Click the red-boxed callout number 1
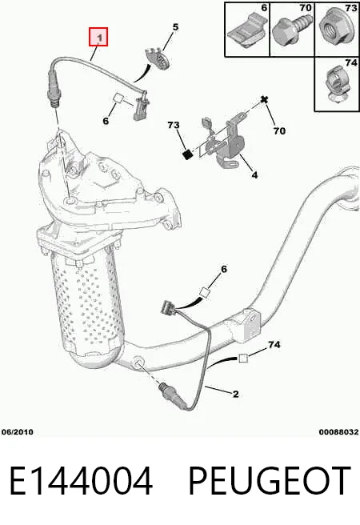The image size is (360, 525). tap(98, 37)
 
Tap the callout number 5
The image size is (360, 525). tap(175, 27)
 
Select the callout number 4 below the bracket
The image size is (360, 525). tap(254, 174)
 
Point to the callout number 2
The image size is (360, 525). tap(235, 394)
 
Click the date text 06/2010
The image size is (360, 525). tap(18, 432)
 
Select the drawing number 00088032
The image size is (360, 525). tap(338, 432)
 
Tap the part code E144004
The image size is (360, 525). tap(82, 481)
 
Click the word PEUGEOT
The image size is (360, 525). tap(270, 481)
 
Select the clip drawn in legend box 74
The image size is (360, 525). tap(337, 84)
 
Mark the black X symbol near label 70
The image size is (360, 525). tap(265, 100)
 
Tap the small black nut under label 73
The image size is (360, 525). tap(188, 154)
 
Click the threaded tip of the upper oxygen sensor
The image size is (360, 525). tap(53, 103)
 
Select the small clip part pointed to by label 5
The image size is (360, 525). tap(158, 58)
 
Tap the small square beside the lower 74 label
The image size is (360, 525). tap(243, 358)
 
